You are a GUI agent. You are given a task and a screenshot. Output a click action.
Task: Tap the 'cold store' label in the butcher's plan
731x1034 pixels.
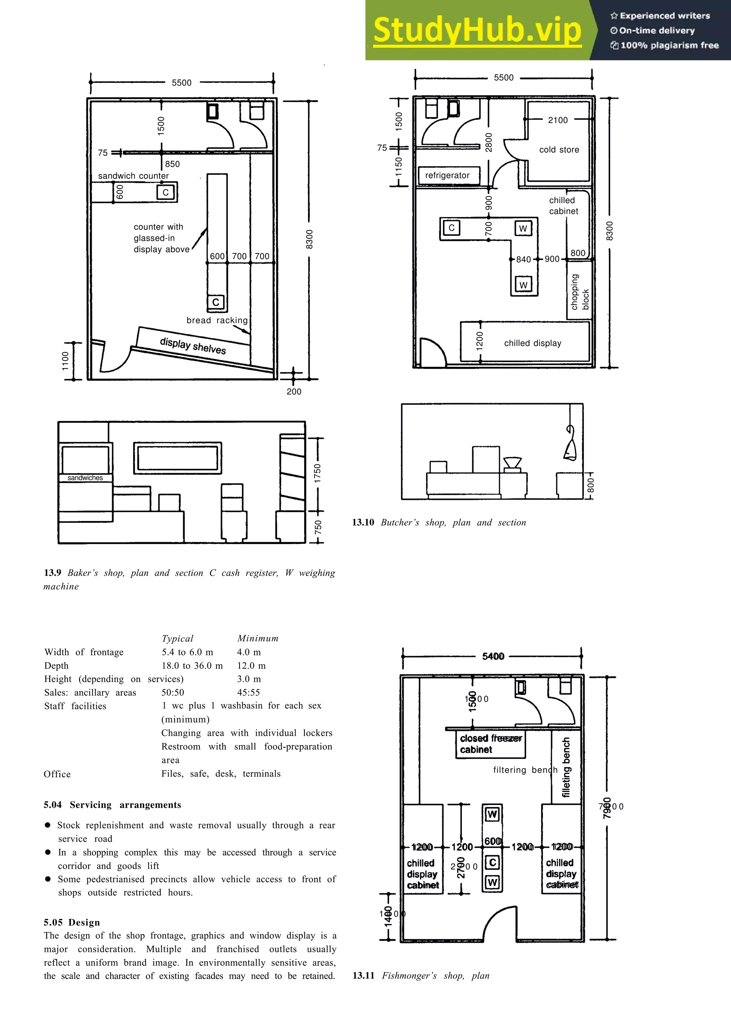click(x=559, y=149)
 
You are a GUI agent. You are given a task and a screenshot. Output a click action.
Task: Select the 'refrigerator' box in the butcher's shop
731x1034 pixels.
click(x=447, y=175)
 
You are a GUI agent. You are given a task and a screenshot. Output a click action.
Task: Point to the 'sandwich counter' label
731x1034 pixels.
click(x=133, y=176)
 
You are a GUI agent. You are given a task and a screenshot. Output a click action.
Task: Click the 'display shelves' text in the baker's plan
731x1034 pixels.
click(x=193, y=346)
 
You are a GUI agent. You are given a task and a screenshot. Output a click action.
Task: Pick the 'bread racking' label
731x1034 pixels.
click(x=217, y=320)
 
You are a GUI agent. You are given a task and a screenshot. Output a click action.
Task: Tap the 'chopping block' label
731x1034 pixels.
click(x=580, y=292)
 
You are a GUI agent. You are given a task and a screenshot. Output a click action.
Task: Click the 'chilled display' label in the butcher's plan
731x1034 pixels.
click(x=533, y=343)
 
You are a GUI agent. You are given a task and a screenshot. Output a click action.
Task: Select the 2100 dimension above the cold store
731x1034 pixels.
click(x=558, y=120)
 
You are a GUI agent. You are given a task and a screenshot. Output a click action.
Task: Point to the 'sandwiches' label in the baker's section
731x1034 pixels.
click(x=85, y=478)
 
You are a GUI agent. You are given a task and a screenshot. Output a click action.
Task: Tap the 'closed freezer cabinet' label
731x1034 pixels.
click(x=490, y=744)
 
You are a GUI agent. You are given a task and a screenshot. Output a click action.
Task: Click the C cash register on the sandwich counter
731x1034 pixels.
click(x=165, y=192)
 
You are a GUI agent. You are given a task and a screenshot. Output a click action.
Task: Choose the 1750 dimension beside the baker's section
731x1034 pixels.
click(x=318, y=473)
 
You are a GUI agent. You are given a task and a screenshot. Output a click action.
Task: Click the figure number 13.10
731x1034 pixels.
click(x=363, y=522)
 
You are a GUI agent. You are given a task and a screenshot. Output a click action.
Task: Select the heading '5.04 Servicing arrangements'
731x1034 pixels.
click(x=112, y=805)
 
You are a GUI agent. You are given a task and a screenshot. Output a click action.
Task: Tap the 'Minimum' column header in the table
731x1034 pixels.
click(x=258, y=638)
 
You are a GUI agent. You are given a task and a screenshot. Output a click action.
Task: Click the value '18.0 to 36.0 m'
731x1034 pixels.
click(x=192, y=666)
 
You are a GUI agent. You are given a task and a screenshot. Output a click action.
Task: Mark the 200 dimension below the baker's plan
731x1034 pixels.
click(x=294, y=391)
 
